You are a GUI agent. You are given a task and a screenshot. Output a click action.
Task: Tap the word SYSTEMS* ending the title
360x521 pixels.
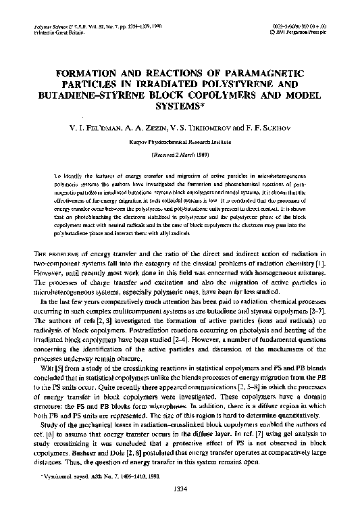point(180,106)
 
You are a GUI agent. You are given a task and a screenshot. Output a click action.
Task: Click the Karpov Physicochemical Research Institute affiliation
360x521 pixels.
point(180,143)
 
